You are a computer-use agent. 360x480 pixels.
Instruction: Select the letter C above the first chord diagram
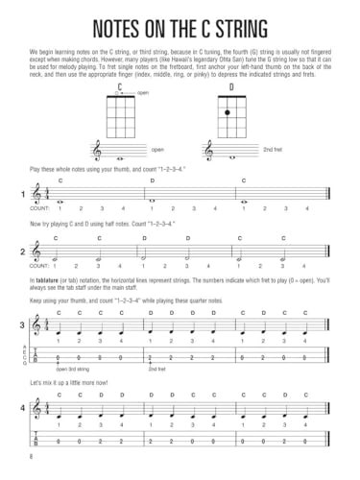121,87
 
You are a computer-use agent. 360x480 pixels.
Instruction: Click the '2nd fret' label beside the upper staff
273,150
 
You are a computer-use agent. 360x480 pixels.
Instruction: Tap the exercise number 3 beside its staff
22,326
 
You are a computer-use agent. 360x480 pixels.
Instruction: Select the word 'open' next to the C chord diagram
143,93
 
